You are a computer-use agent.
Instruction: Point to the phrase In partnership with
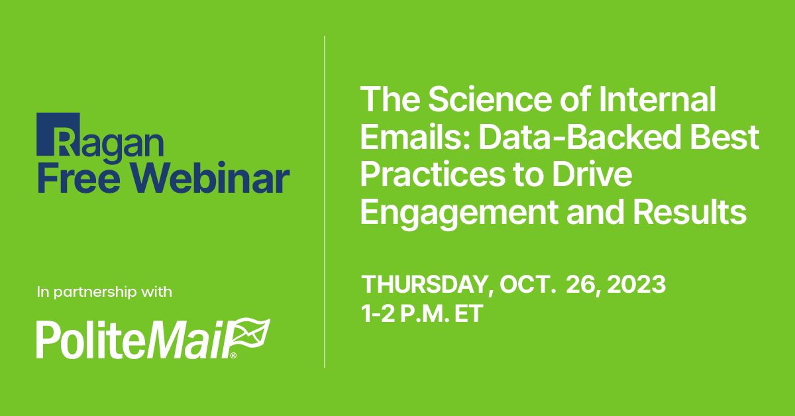point(105,291)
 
